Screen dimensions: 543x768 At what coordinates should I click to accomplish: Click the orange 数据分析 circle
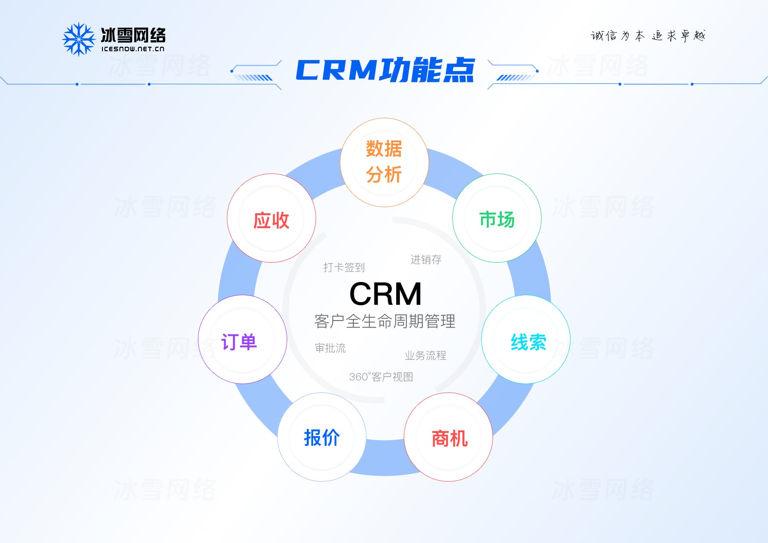384,162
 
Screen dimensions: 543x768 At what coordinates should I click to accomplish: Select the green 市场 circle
497,218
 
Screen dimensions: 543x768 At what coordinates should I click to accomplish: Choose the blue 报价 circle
322,437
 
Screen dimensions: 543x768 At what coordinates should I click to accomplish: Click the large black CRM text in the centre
385,294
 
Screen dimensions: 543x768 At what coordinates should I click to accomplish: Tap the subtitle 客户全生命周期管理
384,321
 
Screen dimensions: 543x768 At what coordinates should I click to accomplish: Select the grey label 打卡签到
344,267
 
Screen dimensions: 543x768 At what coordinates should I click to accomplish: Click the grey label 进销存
426,260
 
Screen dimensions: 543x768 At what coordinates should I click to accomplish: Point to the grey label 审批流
330,348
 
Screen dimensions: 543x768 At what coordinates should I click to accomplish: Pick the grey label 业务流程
425,356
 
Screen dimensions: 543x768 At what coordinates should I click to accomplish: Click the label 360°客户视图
381,377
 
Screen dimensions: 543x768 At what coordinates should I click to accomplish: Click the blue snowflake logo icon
79,39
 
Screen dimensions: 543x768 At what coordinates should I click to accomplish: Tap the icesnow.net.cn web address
133,49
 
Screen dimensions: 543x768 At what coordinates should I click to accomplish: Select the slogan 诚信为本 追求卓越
648,36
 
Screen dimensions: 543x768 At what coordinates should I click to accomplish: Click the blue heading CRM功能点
385,70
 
